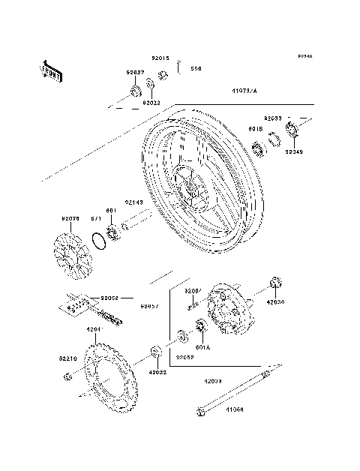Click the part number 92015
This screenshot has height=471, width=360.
[160, 58]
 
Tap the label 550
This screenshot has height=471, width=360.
[196, 69]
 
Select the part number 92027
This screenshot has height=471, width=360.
[135, 72]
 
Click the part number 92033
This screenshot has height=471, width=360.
[272, 118]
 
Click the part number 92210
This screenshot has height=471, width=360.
[68, 358]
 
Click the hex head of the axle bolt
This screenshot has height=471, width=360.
[200, 411]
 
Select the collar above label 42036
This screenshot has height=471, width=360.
[274, 283]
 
